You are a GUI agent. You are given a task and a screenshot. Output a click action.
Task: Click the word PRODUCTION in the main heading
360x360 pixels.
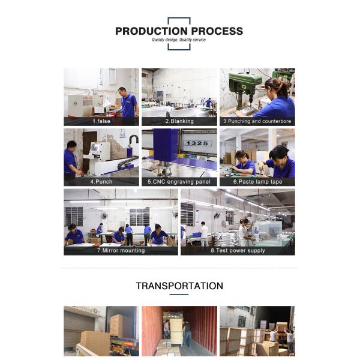pos(151,31)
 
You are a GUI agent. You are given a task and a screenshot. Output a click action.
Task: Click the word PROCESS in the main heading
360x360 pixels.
pos(217,31)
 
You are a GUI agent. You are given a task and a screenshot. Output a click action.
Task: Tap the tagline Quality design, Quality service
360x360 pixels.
pos(179,40)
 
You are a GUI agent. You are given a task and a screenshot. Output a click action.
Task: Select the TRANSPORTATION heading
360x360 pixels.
pos(179,286)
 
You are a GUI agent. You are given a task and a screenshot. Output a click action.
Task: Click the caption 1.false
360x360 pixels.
pos(101,121)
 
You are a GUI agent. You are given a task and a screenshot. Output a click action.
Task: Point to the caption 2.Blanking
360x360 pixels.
pos(179,121)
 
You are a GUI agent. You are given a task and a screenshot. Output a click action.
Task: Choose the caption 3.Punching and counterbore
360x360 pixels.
pos(257,121)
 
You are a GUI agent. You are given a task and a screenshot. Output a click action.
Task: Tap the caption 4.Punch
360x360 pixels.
pos(101,182)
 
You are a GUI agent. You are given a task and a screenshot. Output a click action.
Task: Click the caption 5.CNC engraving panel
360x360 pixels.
pos(179,182)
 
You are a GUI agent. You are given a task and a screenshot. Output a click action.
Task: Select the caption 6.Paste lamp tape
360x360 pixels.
pos(257,182)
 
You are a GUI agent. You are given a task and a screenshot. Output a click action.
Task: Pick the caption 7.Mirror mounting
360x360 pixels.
pos(121,250)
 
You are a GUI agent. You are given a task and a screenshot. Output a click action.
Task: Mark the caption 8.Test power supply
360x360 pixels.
pos(238,250)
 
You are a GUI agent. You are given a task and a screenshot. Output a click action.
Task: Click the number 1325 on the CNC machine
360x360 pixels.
pos(197,143)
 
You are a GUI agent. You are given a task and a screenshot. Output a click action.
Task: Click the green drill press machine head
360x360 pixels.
pos(245,83)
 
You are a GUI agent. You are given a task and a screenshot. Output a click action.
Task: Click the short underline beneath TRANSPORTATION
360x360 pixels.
pos(179,295)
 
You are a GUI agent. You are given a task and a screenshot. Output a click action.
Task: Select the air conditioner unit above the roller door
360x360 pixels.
pos(95,311)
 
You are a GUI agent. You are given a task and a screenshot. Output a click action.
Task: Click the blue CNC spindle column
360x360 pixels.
pos(166,145)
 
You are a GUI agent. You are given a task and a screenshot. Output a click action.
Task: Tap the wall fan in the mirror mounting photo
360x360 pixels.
pos(104,216)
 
